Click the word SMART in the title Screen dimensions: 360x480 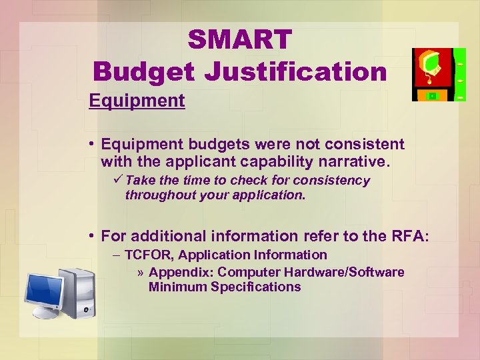[x=240, y=40]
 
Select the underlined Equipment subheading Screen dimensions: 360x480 [x=137, y=101]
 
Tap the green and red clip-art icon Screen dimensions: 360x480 [x=439, y=74]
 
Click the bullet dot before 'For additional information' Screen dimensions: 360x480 [x=91, y=236]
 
